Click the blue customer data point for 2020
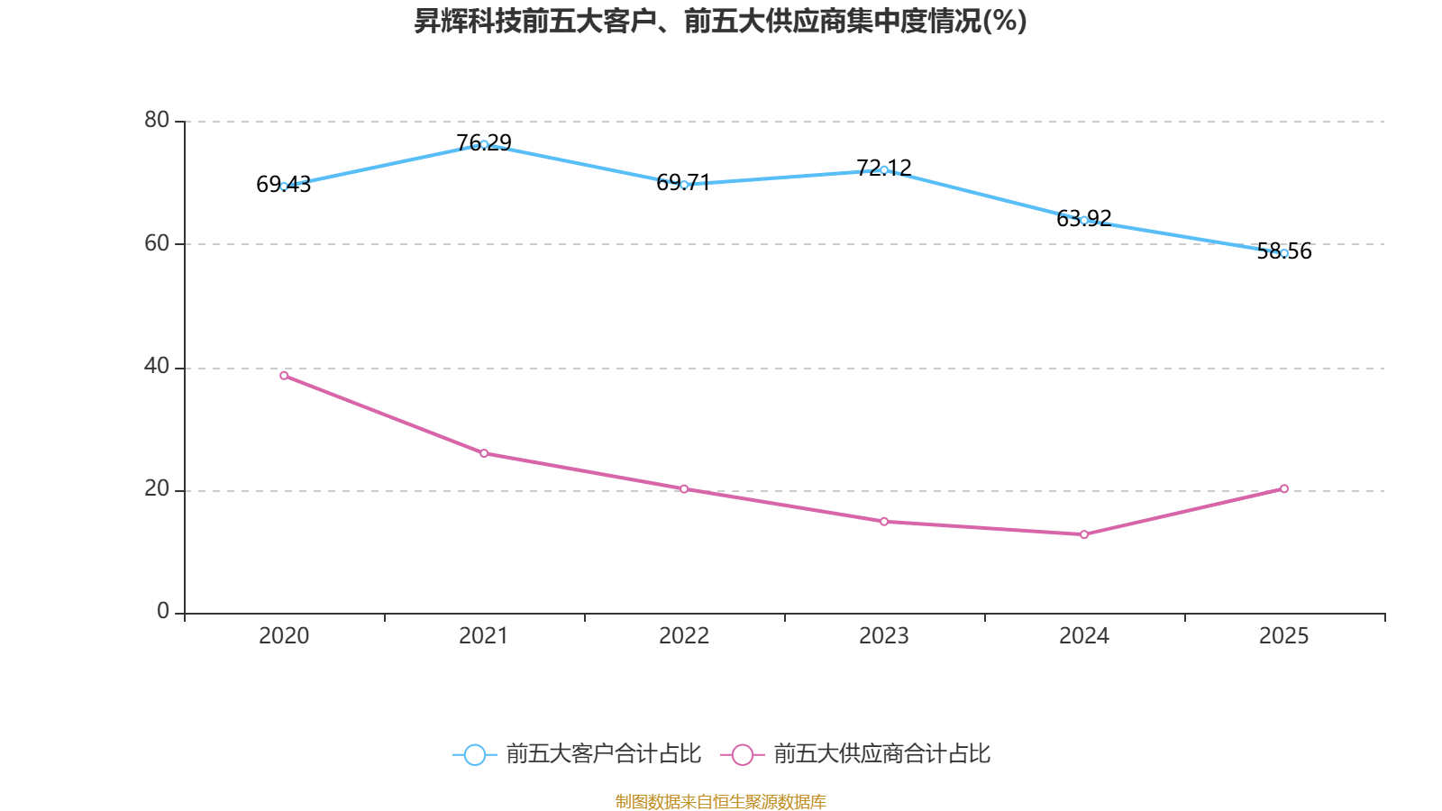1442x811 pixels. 284,187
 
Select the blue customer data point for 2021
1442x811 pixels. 484,144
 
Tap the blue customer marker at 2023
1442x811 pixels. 884,169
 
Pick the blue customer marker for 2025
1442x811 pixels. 1284,253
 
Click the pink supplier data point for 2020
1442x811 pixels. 284,376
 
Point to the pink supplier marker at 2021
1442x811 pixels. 484,453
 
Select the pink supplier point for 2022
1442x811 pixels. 684,489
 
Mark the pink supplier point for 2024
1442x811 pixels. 1084,534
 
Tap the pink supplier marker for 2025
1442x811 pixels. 1284,488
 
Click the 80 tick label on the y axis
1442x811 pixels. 157,120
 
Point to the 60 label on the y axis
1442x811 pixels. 157,243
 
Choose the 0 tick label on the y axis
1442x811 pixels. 163,612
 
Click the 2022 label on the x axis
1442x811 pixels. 684,636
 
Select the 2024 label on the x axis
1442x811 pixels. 1084,636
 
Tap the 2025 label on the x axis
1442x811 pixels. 1284,636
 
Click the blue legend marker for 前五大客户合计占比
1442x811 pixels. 474,754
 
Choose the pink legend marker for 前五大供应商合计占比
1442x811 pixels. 742,754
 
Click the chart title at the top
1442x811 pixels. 720,22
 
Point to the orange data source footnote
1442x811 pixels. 720,801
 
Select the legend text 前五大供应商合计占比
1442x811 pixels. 881,754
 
